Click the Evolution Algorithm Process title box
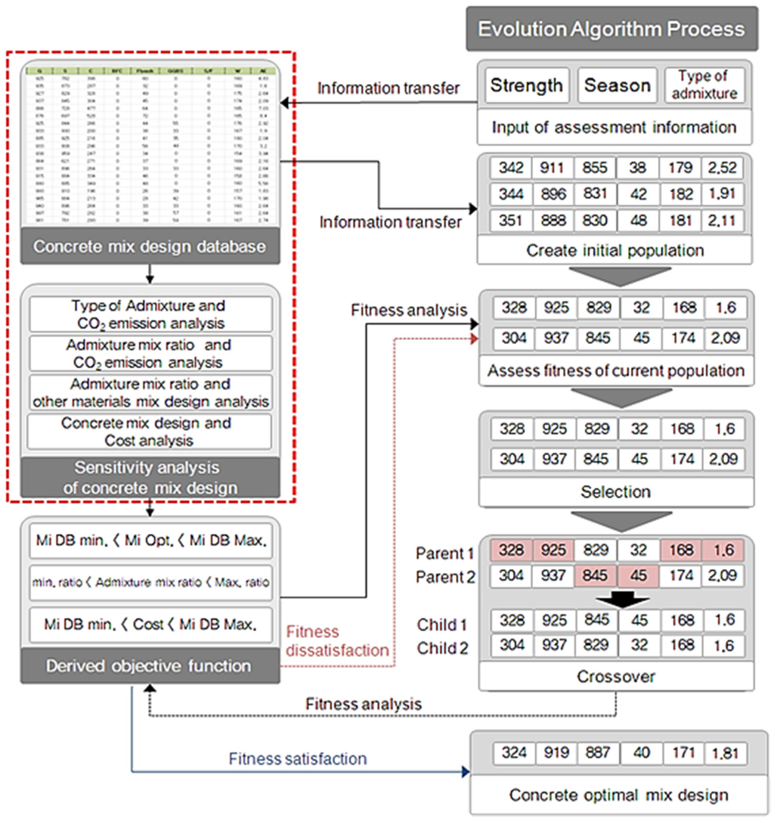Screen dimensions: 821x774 [611, 29]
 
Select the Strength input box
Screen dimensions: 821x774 [526, 85]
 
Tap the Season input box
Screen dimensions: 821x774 [617, 85]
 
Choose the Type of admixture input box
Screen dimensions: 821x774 [704, 85]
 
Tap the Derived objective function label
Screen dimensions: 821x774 [148, 666]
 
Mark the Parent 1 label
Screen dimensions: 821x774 [445, 553]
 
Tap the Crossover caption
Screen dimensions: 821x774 [616, 677]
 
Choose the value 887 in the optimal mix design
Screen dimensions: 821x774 [597, 753]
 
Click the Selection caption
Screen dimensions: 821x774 [616, 492]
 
